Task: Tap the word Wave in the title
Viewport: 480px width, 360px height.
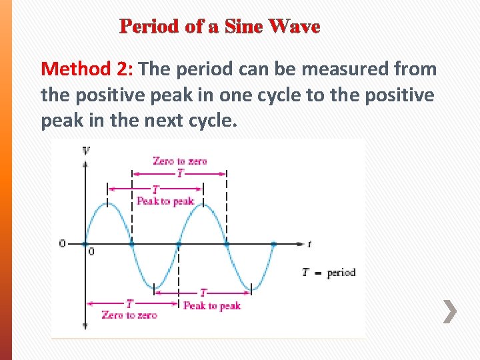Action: pyautogui.click(x=293, y=27)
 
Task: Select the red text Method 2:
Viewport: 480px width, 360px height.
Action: pyautogui.click(x=88, y=69)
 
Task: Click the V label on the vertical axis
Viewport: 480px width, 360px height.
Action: pyautogui.click(x=85, y=150)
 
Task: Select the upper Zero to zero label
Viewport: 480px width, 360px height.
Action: pyautogui.click(x=179, y=161)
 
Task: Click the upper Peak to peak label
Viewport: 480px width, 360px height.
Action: pyautogui.click(x=165, y=201)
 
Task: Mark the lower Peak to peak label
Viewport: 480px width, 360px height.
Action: pyautogui.click(x=211, y=306)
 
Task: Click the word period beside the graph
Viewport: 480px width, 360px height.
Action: pyautogui.click(x=341, y=273)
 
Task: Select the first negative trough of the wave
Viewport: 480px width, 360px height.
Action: pyautogui.click(x=155, y=285)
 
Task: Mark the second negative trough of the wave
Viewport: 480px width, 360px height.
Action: pyautogui.click(x=250, y=285)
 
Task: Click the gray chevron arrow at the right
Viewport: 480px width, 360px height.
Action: pyautogui.click(x=451, y=311)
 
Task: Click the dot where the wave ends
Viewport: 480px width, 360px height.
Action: pyautogui.click(x=273, y=245)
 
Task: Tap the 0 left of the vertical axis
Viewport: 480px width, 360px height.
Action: pyautogui.click(x=63, y=244)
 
